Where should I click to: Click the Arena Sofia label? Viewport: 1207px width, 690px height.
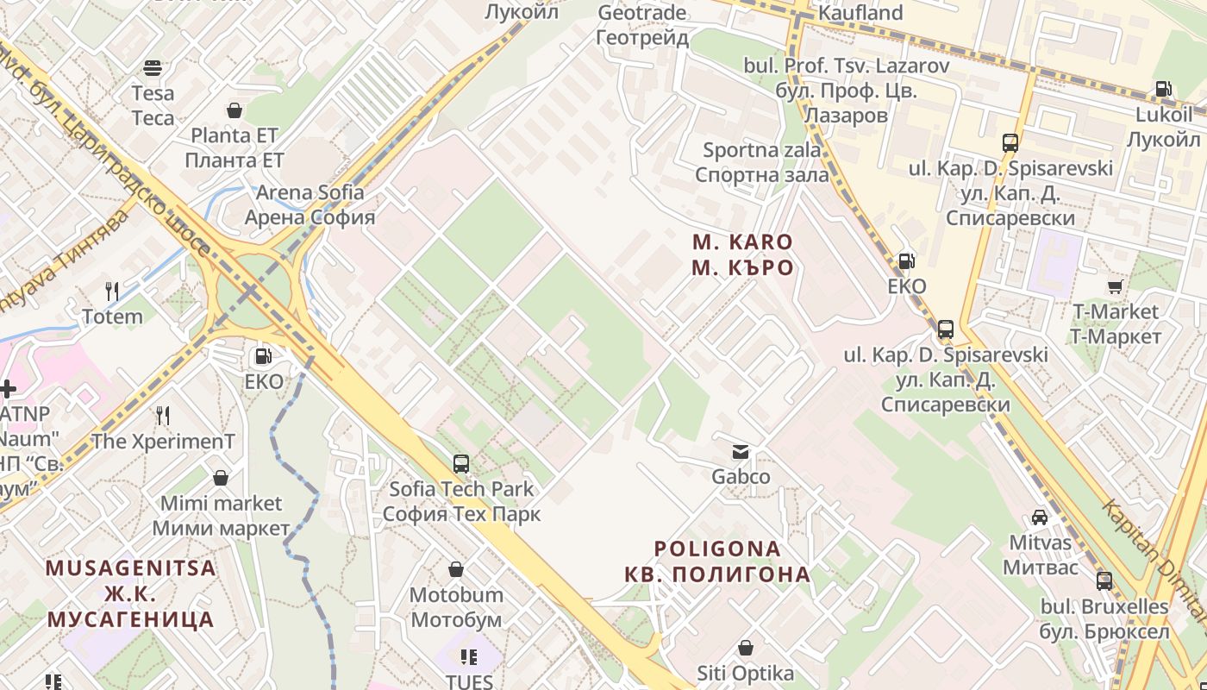coord(310,204)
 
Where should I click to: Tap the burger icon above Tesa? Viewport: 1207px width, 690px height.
coord(153,68)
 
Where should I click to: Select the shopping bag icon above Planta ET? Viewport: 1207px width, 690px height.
coord(234,110)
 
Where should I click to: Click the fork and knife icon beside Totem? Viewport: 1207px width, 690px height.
coord(112,291)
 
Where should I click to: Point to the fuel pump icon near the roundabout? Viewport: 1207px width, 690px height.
coord(264,355)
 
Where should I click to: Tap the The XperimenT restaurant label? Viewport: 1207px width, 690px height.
coord(163,442)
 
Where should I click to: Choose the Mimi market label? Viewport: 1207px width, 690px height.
coord(222,515)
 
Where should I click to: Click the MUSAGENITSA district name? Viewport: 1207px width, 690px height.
coord(130,593)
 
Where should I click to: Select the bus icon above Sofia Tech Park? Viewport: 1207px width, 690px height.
coord(461,464)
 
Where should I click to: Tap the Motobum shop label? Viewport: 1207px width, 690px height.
coord(456,607)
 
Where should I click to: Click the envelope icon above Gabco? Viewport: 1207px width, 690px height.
coord(741,451)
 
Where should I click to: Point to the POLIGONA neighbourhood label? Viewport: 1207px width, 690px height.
coord(717,561)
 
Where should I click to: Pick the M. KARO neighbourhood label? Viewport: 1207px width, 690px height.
coord(742,254)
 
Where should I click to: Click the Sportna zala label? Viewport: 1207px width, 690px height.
coord(762,162)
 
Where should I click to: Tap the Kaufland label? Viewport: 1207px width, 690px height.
coord(860,13)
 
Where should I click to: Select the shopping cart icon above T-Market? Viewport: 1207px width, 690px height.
coord(1115,286)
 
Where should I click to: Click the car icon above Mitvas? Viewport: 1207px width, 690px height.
coord(1040,517)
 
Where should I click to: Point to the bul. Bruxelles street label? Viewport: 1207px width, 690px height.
coord(1104,618)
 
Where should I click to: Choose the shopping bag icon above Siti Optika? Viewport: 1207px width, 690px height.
coord(746,648)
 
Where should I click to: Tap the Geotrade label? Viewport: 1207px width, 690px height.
coord(642,25)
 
